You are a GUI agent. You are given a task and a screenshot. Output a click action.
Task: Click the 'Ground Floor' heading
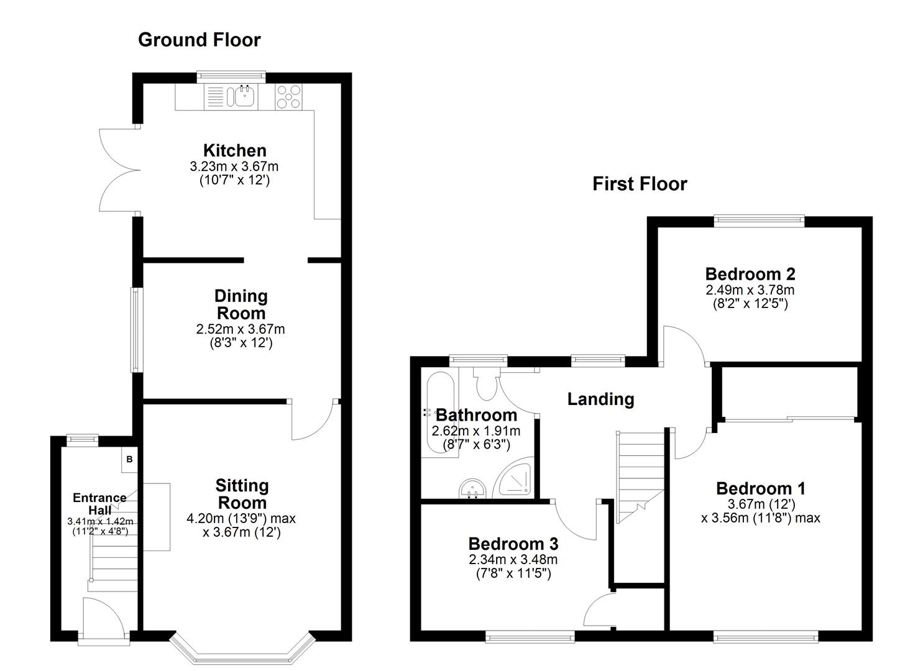tap(199, 40)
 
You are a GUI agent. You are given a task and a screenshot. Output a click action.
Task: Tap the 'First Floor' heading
tap(640, 184)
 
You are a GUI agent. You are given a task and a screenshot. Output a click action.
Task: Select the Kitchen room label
tap(235, 150)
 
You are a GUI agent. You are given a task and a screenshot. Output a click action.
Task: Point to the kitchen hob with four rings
tap(289, 96)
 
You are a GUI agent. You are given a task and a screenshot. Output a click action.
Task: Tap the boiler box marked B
tap(129, 459)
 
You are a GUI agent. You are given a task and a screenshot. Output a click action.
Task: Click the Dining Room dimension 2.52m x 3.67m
tap(241, 329)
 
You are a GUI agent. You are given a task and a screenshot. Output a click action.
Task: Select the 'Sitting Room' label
tap(242, 494)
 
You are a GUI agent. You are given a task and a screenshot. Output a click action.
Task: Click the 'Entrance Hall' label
tap(99, 504)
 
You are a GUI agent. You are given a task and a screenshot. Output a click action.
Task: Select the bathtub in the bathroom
tap(439, 413)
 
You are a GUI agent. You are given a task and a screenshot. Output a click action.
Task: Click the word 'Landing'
tap(600, 399)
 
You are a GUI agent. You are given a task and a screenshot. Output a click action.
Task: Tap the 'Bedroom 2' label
tap(750, 274)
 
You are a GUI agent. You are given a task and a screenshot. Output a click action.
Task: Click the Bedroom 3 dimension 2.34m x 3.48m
tap(513, 559)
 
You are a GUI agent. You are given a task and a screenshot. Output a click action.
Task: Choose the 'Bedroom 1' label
tap(760, 488)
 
